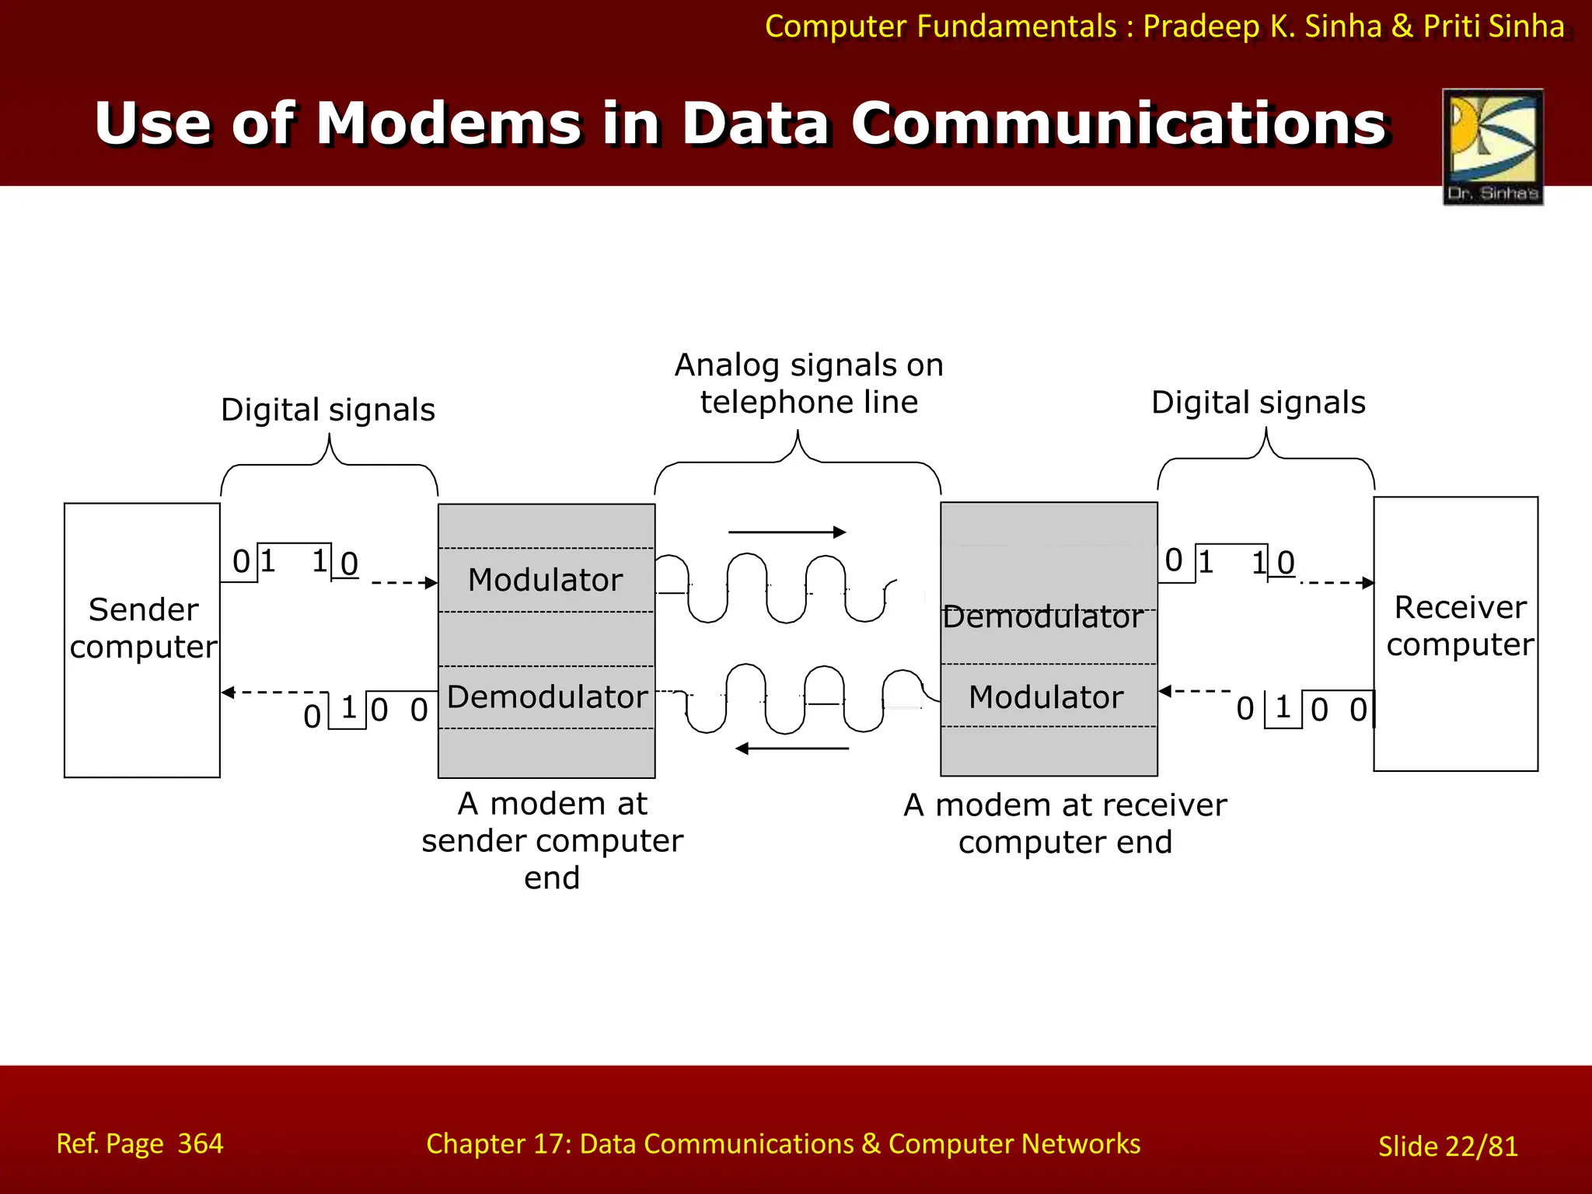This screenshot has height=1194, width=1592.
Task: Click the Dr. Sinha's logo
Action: pyautogui.click(x=1492, y=146)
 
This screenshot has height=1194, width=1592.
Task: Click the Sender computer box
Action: pyautogui.click(x=142, y=639)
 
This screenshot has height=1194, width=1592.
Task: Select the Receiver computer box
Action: pyautogui.click(x=1455, y=633)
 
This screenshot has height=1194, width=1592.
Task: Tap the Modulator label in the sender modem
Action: pyautogui.click(x=546, y=580)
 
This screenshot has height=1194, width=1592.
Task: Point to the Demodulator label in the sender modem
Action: pyautogui.click(x=547, y=696)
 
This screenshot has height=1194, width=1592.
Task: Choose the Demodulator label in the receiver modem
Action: pyautogui.click(x=1042, y=617)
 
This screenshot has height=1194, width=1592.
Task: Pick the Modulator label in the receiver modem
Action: pyautogui.click(x=1046, y=696)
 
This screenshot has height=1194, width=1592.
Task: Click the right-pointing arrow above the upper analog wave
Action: pyautogui.click(x=787, y=532)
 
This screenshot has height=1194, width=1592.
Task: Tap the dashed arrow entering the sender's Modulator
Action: pyautogui.click(x=404, y=582)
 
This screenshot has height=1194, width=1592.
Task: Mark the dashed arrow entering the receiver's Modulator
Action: pyautogui.click(x=1194, y=690)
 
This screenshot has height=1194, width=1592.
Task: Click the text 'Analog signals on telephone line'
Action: pyautogui.click(x=808, y=383)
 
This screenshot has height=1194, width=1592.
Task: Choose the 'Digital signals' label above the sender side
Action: pyautogui.click(x=327, y=410)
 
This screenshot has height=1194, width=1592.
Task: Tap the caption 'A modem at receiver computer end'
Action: pyautogui.click(x=1065, y=823)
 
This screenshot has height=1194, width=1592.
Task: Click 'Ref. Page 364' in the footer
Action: pyautogui.click(x=140, y=1143)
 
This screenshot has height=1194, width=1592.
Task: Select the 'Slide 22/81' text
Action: pyautogui.click(x=1447, y=1146)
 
